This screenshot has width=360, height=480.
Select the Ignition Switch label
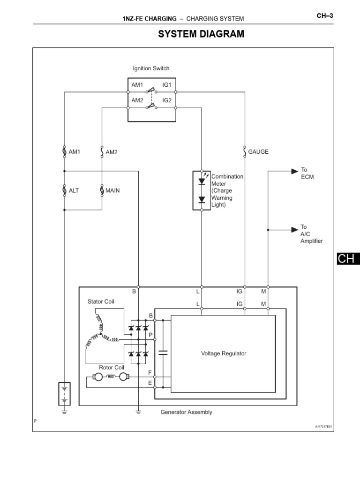(x=151, y=68)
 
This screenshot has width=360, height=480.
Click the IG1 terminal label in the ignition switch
(x=167, y=85)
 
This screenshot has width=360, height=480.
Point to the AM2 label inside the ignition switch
(x=137, y=100)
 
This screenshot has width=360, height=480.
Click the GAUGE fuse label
(x=258, y=152)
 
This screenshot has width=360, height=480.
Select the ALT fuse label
(x=74, y=191)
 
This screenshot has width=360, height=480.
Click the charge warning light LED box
(x=202, y=190)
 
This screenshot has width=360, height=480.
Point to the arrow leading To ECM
(x=293, y=171)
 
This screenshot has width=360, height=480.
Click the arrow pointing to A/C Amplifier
(x=293, y=230)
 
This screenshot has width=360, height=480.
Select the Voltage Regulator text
(x=223, y=353)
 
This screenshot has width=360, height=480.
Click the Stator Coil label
(x=101, y=301)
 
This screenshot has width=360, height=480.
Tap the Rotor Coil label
(x=111, y=367)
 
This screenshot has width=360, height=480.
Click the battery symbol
(x=64, y=393)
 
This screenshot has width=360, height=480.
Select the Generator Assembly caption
(x=186, y=412)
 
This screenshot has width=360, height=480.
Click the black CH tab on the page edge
(x=347, y=259)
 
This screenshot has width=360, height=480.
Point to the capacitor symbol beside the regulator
(x=163, y=352)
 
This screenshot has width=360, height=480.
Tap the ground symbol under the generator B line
(x=138, y=412)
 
